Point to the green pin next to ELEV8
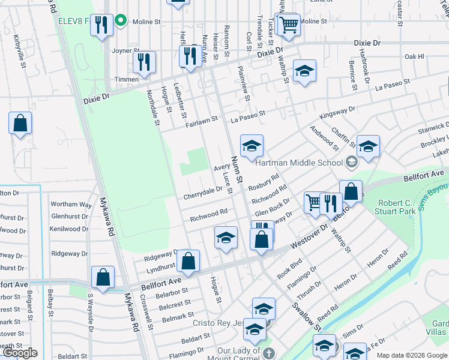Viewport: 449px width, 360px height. point(120,21)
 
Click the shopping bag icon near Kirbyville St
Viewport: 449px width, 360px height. point(20,123)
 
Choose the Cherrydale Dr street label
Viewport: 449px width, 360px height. point(202,193)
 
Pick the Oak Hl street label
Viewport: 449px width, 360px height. point(414,57)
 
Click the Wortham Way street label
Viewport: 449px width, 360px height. point(71,205)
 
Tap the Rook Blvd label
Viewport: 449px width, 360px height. point(289,267)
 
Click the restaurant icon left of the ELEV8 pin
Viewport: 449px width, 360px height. point(101,25)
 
